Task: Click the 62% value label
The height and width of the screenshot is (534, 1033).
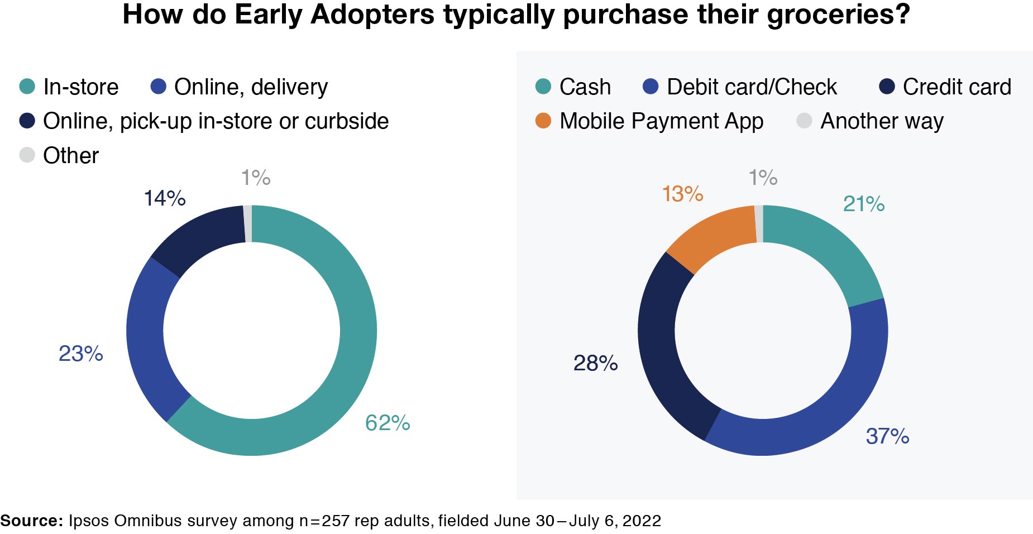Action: pyautogui.click(x=388, y=423)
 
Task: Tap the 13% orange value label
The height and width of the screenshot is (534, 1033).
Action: pyautogui.click(x=682, y=194)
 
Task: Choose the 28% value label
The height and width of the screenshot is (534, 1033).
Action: pyautogui.click(x=595, y=363)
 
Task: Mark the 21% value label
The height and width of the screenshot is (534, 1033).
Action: pyautogui.click(x=863, y=204)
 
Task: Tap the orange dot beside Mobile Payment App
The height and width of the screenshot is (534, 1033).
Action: pyautogui.click(x=543, y=121)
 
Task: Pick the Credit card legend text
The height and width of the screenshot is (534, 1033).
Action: pyautogui.click(x=957, y=87)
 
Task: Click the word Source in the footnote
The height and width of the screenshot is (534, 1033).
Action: pyautogui.click(x=31, y=521)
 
